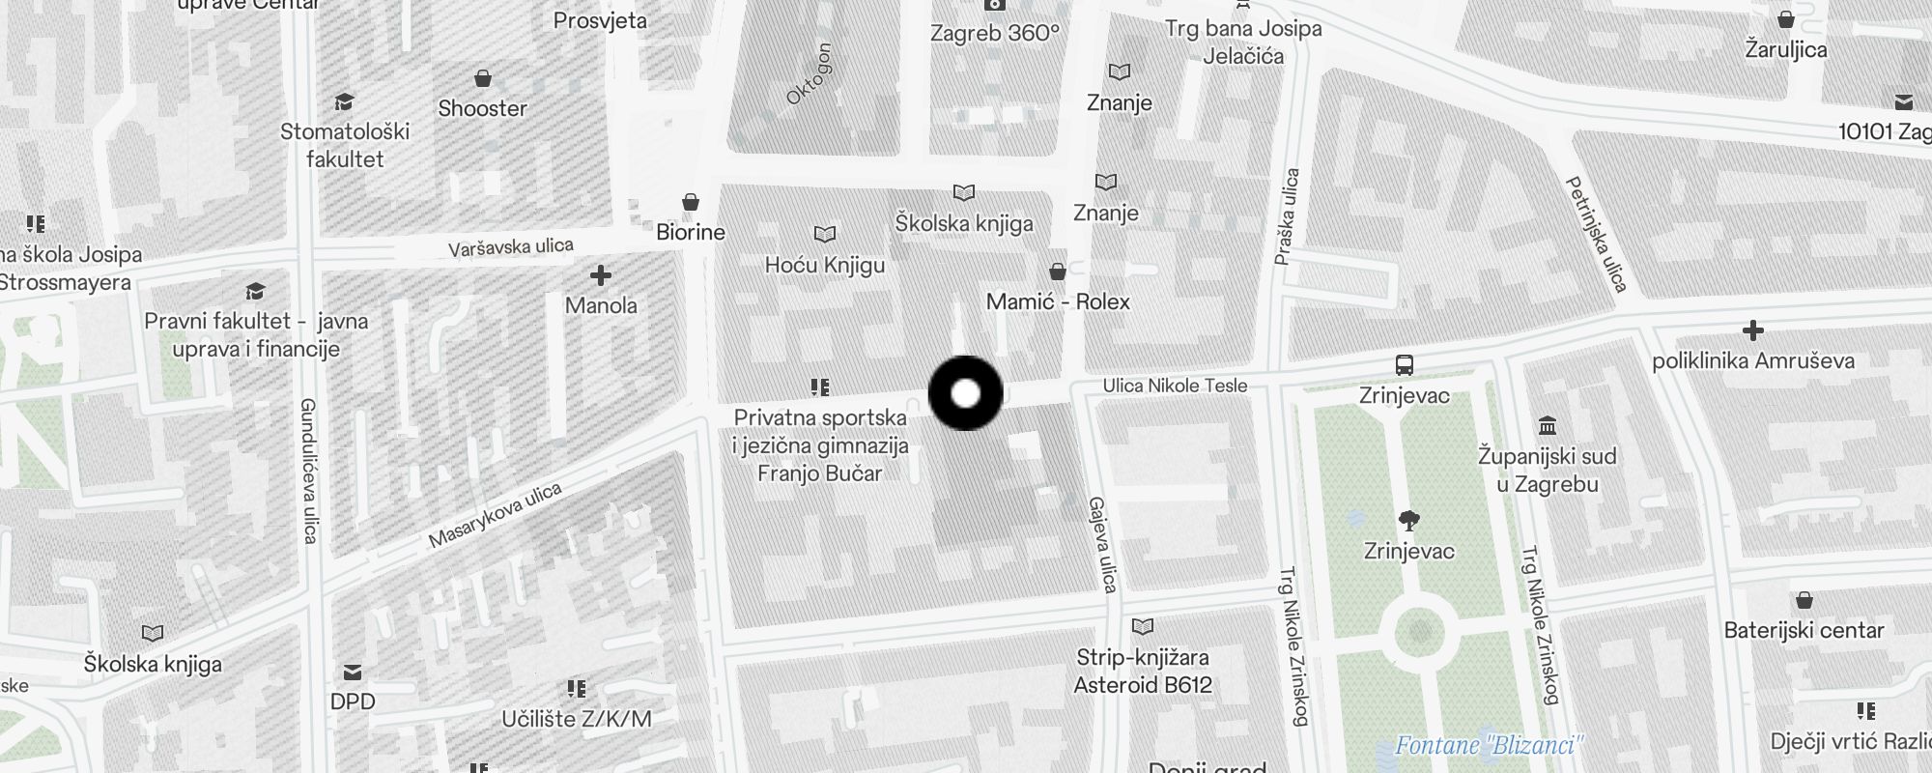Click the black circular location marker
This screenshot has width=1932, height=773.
click(x=965, y=393)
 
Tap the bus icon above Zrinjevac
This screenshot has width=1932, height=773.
click(x=1405, y=365)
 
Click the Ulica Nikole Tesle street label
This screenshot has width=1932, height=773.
click(x=1175, y=386)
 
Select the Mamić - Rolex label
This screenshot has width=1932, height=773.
click(x=1058, y=301)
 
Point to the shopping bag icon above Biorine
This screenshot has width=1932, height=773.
click(x=691, y=202)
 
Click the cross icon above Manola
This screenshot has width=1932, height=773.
click(x=601, y=275)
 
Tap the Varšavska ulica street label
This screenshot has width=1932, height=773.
click(x=511, y=247)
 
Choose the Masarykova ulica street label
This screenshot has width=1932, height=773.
click(x=495, y=515)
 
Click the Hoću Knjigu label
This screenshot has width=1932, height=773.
click(x=825, y=265)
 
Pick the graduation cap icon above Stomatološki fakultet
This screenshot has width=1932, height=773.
click(x=344, y=101)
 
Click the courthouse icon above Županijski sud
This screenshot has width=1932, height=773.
click(x=1547, y=425)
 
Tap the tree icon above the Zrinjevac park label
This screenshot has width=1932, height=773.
click(x=1409, y=521)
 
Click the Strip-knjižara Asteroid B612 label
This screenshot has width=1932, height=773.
click(x=1143, y=671)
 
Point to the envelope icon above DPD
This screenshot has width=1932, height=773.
click(x=353, y=672)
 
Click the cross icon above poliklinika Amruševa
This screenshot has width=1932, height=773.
click(x=1752, y=331)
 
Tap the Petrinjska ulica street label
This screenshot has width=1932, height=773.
click(x=1596, y=233)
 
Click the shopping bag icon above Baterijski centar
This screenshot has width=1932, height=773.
click(x=1804, y=600)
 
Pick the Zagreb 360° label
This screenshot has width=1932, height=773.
click(x=995, y=33)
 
